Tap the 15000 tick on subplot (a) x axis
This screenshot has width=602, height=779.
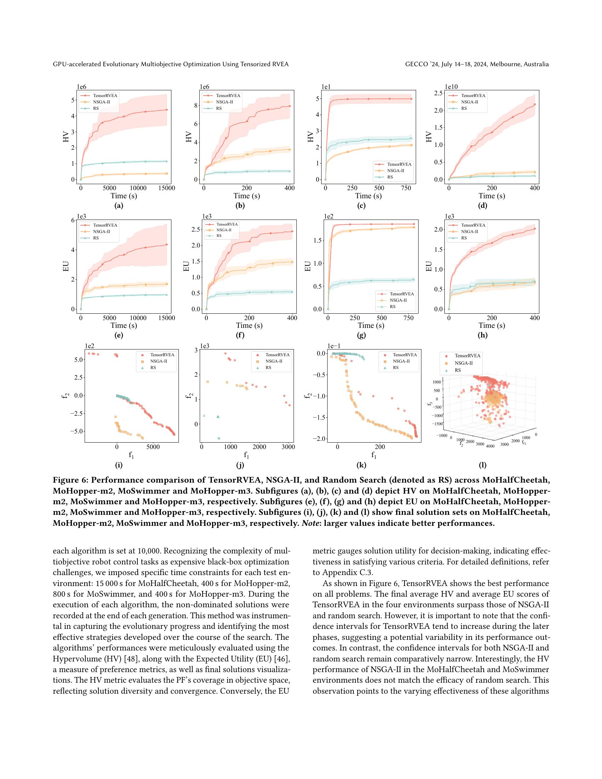click(166, 188)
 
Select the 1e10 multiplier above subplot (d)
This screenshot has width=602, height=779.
click(451, 87)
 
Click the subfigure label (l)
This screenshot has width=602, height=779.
click(483, 465)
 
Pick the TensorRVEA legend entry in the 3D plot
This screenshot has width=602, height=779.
click(467, 356)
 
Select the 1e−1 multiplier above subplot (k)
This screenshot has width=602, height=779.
click(334, 346)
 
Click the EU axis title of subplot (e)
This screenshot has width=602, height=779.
click(66, 266)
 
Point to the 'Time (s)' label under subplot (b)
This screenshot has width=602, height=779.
click(247, 196)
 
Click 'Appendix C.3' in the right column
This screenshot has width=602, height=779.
click(344, 573)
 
